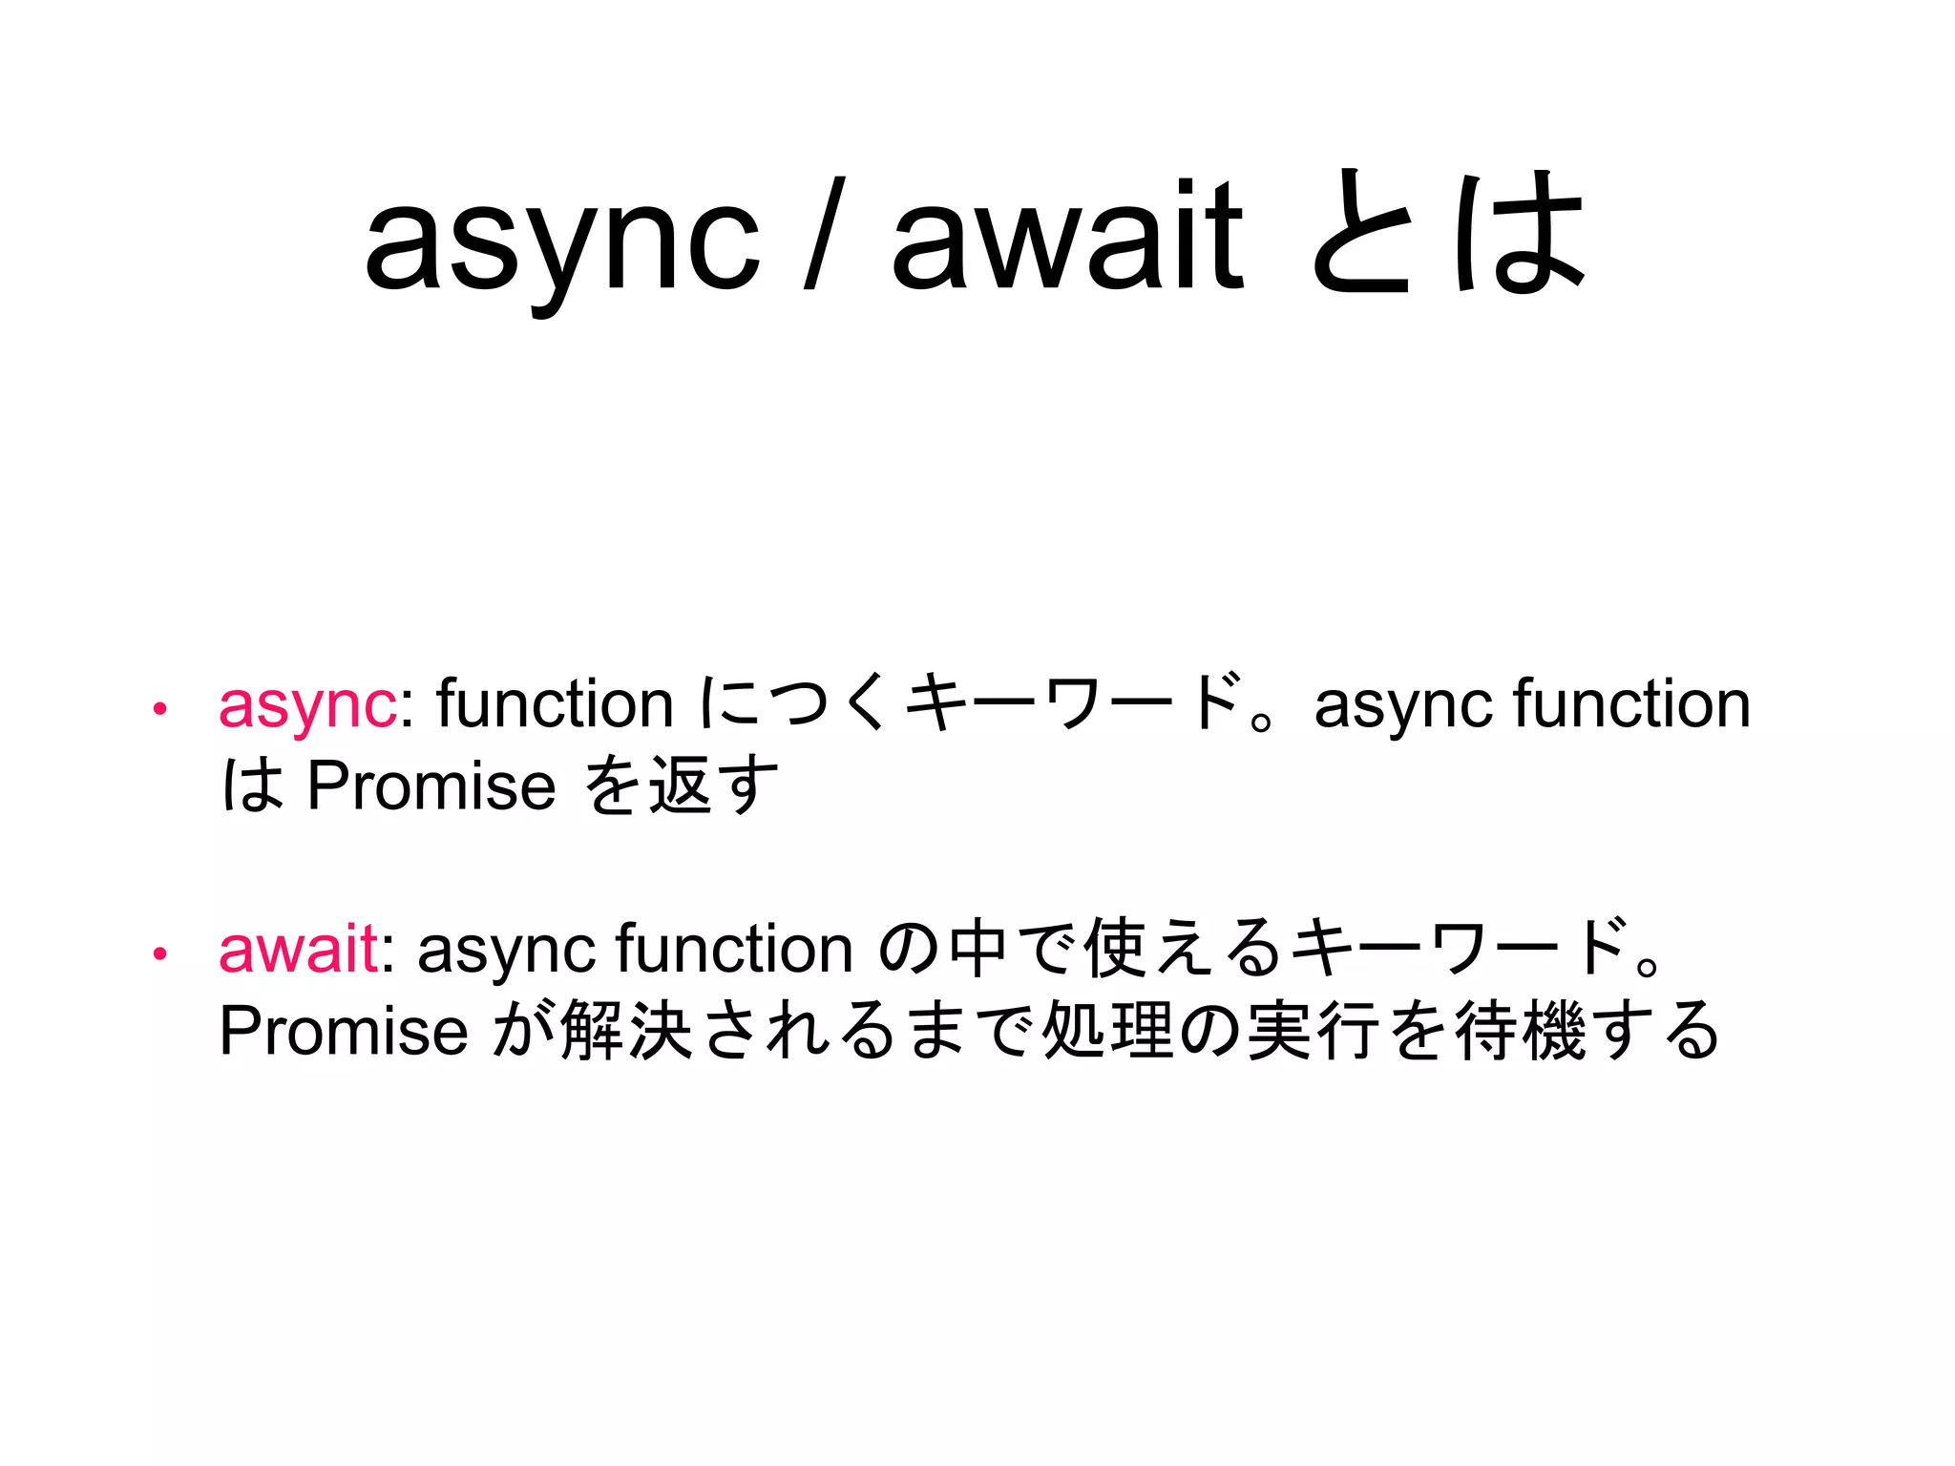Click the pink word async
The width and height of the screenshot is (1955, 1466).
pyautogui.click(x=307, y=706)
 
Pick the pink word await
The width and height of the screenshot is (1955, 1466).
pyautogui.click(x=299, y=950)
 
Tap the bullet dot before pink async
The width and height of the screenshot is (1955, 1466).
pyautogui.click(x=160, y=709)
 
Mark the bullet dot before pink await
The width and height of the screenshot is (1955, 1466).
pyautogui.click(x=160, y=953)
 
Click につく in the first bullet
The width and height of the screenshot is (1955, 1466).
pyautogui.click(x=792, y=704)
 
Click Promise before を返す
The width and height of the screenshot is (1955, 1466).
pyautogui.click(x=431, y=787)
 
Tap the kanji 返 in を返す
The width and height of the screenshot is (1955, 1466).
pyautogui.click(x=680, y=787)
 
